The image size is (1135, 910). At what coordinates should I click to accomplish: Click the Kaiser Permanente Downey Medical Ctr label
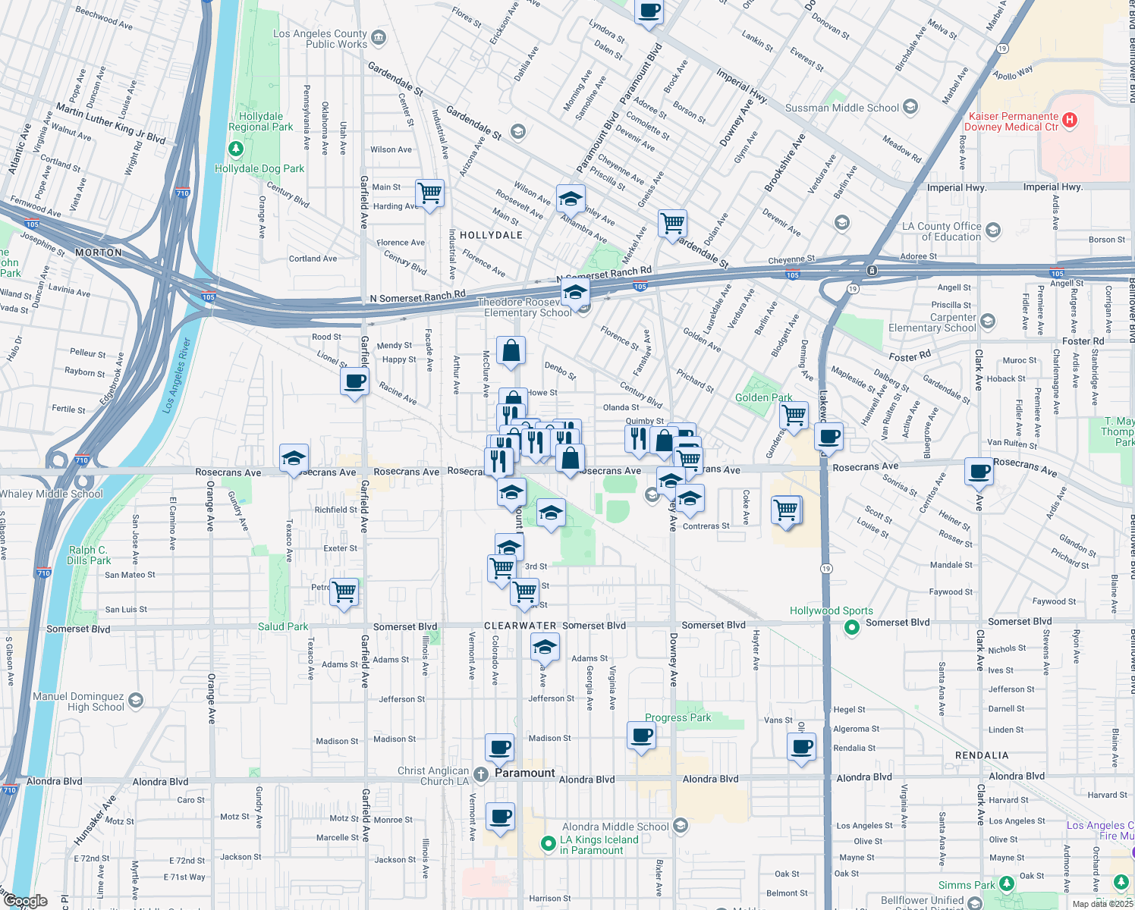tap(1011, 121)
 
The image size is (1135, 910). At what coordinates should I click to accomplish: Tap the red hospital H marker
tap(1070, 120)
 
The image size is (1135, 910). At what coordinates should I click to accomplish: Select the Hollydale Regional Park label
tap(260, 122)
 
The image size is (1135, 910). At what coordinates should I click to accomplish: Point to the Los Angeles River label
tap(177, 375)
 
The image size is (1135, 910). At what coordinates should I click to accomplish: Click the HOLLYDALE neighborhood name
tap(491, 235)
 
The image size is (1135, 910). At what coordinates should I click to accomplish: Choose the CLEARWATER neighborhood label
tap(520, 626)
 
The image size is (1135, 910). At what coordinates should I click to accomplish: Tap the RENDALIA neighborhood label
tap(982, 755)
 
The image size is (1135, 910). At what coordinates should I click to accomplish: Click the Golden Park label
tap(763, 397)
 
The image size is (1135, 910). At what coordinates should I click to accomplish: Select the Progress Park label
tap(678, 717)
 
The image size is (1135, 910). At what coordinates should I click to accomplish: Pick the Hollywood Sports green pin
tap(852, 627)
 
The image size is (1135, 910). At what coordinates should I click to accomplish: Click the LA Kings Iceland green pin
tap(549, 843)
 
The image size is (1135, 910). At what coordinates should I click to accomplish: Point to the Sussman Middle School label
tap(842, 108)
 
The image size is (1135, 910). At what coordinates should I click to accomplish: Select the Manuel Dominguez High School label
tap(78, 701)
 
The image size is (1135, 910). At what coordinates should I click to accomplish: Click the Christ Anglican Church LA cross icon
tap(480, 774)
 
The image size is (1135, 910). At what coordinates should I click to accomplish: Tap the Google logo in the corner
tap(25, 901)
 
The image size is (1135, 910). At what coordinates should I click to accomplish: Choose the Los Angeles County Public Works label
tap(320, 39)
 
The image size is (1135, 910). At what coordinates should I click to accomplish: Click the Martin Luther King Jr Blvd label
tap(111, 124)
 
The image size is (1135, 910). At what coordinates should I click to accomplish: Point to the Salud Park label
tap(283, 626)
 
